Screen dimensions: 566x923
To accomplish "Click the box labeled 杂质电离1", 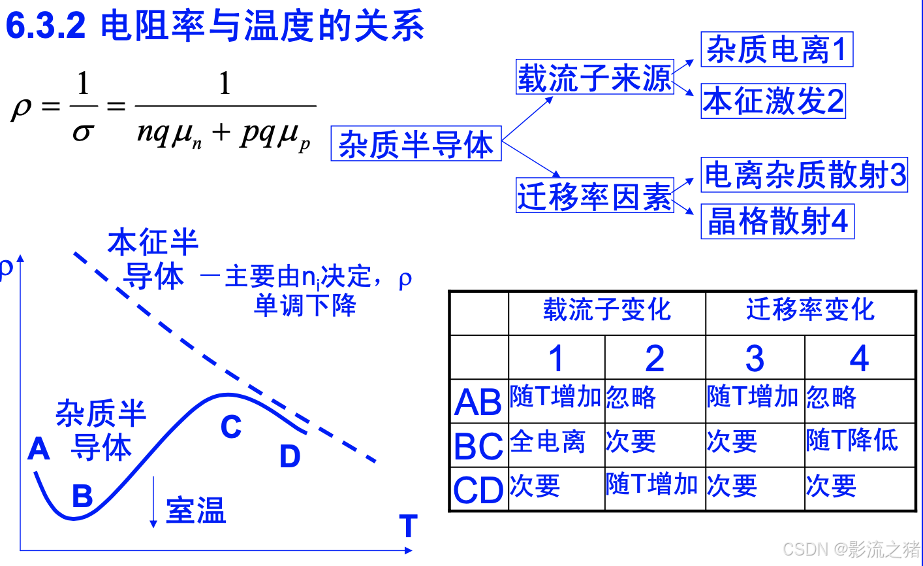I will coord(777,50).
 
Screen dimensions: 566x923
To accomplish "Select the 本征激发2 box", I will coord(774,101).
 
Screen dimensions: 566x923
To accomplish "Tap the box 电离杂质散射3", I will coord(804,175).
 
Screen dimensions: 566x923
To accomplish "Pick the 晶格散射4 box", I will coord(777,222).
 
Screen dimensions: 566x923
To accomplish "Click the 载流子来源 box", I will coord(595,78).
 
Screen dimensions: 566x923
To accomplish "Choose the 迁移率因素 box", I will coord(595,195).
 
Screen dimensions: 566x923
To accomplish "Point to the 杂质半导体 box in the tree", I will coord(416,144).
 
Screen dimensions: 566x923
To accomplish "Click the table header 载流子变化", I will coord(607,310).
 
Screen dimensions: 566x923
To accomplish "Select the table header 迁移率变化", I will coord(810,310).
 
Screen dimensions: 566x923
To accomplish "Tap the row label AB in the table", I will coord(478,401).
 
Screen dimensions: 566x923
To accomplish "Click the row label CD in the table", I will coord(478,490).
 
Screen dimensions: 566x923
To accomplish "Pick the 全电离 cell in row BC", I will coord(548,442).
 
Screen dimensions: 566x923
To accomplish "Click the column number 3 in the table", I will coord(755,358).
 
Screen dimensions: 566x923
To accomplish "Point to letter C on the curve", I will coord(231,427).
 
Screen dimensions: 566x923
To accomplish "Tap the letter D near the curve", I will coord(289,456).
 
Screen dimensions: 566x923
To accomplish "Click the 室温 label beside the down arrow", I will coord(196,510).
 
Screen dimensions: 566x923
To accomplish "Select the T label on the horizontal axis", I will coord(408,526).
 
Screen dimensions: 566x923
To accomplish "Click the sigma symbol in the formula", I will coord(83,133).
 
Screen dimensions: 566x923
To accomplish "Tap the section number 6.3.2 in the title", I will coord(46,26).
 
